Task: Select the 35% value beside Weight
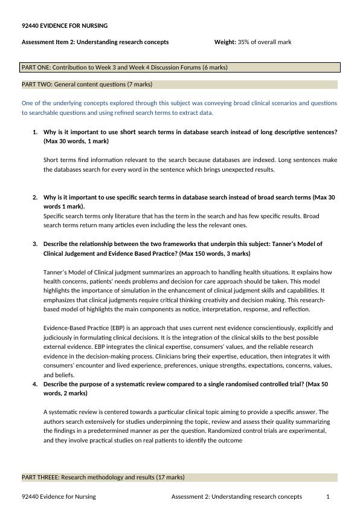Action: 243,42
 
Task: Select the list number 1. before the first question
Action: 35,132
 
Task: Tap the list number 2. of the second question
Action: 35,198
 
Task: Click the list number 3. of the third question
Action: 35,244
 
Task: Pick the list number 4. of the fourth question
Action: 35,384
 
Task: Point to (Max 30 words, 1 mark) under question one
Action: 76,141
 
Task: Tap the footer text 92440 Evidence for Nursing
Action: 59,497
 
